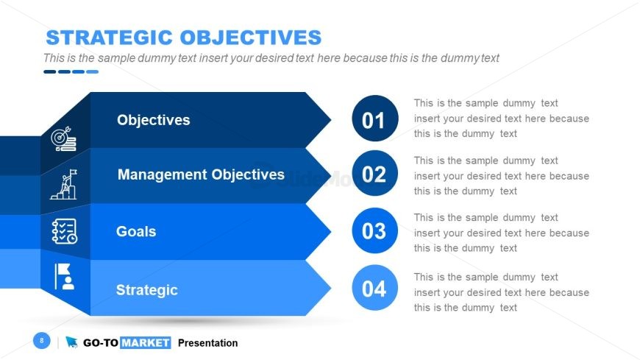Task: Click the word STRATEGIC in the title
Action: (110, 38)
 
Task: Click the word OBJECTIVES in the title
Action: (251, 38)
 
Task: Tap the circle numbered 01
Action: (374, 119)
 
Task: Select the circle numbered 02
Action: (374, 173)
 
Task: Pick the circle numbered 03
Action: (374, 230)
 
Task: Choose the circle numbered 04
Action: (374, 288)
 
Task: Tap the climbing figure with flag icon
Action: (64, 184)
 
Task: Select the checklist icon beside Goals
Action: (65, 231)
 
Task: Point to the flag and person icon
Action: (65, 276)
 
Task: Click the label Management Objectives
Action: (201, 174)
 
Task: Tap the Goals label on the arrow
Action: (136, 231)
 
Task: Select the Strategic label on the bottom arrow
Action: (147, 290)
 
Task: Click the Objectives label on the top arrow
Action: (154, 120)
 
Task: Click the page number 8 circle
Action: (42, 340)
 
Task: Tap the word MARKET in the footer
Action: (146, 343)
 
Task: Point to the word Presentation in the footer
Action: (207, 343)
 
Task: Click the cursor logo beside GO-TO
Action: (71, 342)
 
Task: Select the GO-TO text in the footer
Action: (101, 343)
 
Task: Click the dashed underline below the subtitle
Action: (71, 72)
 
